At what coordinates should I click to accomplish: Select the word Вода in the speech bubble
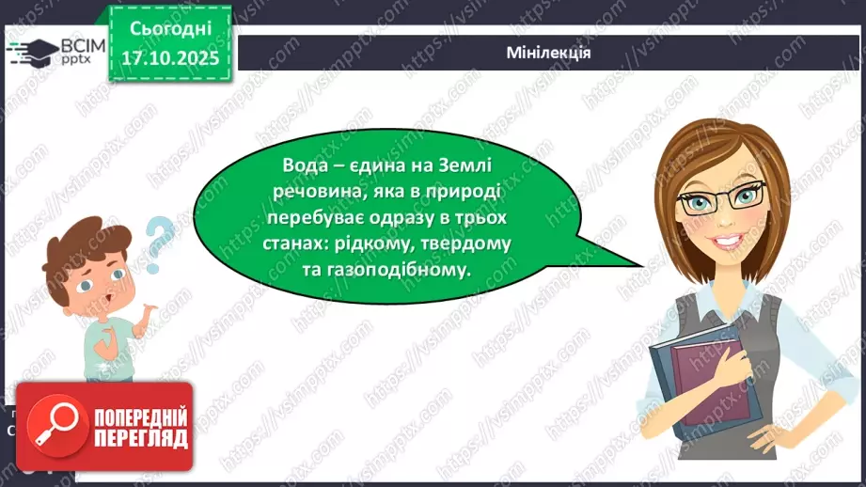click(x=304, y=165)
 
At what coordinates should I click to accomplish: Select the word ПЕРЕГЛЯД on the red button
click(x=139, y=438)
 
